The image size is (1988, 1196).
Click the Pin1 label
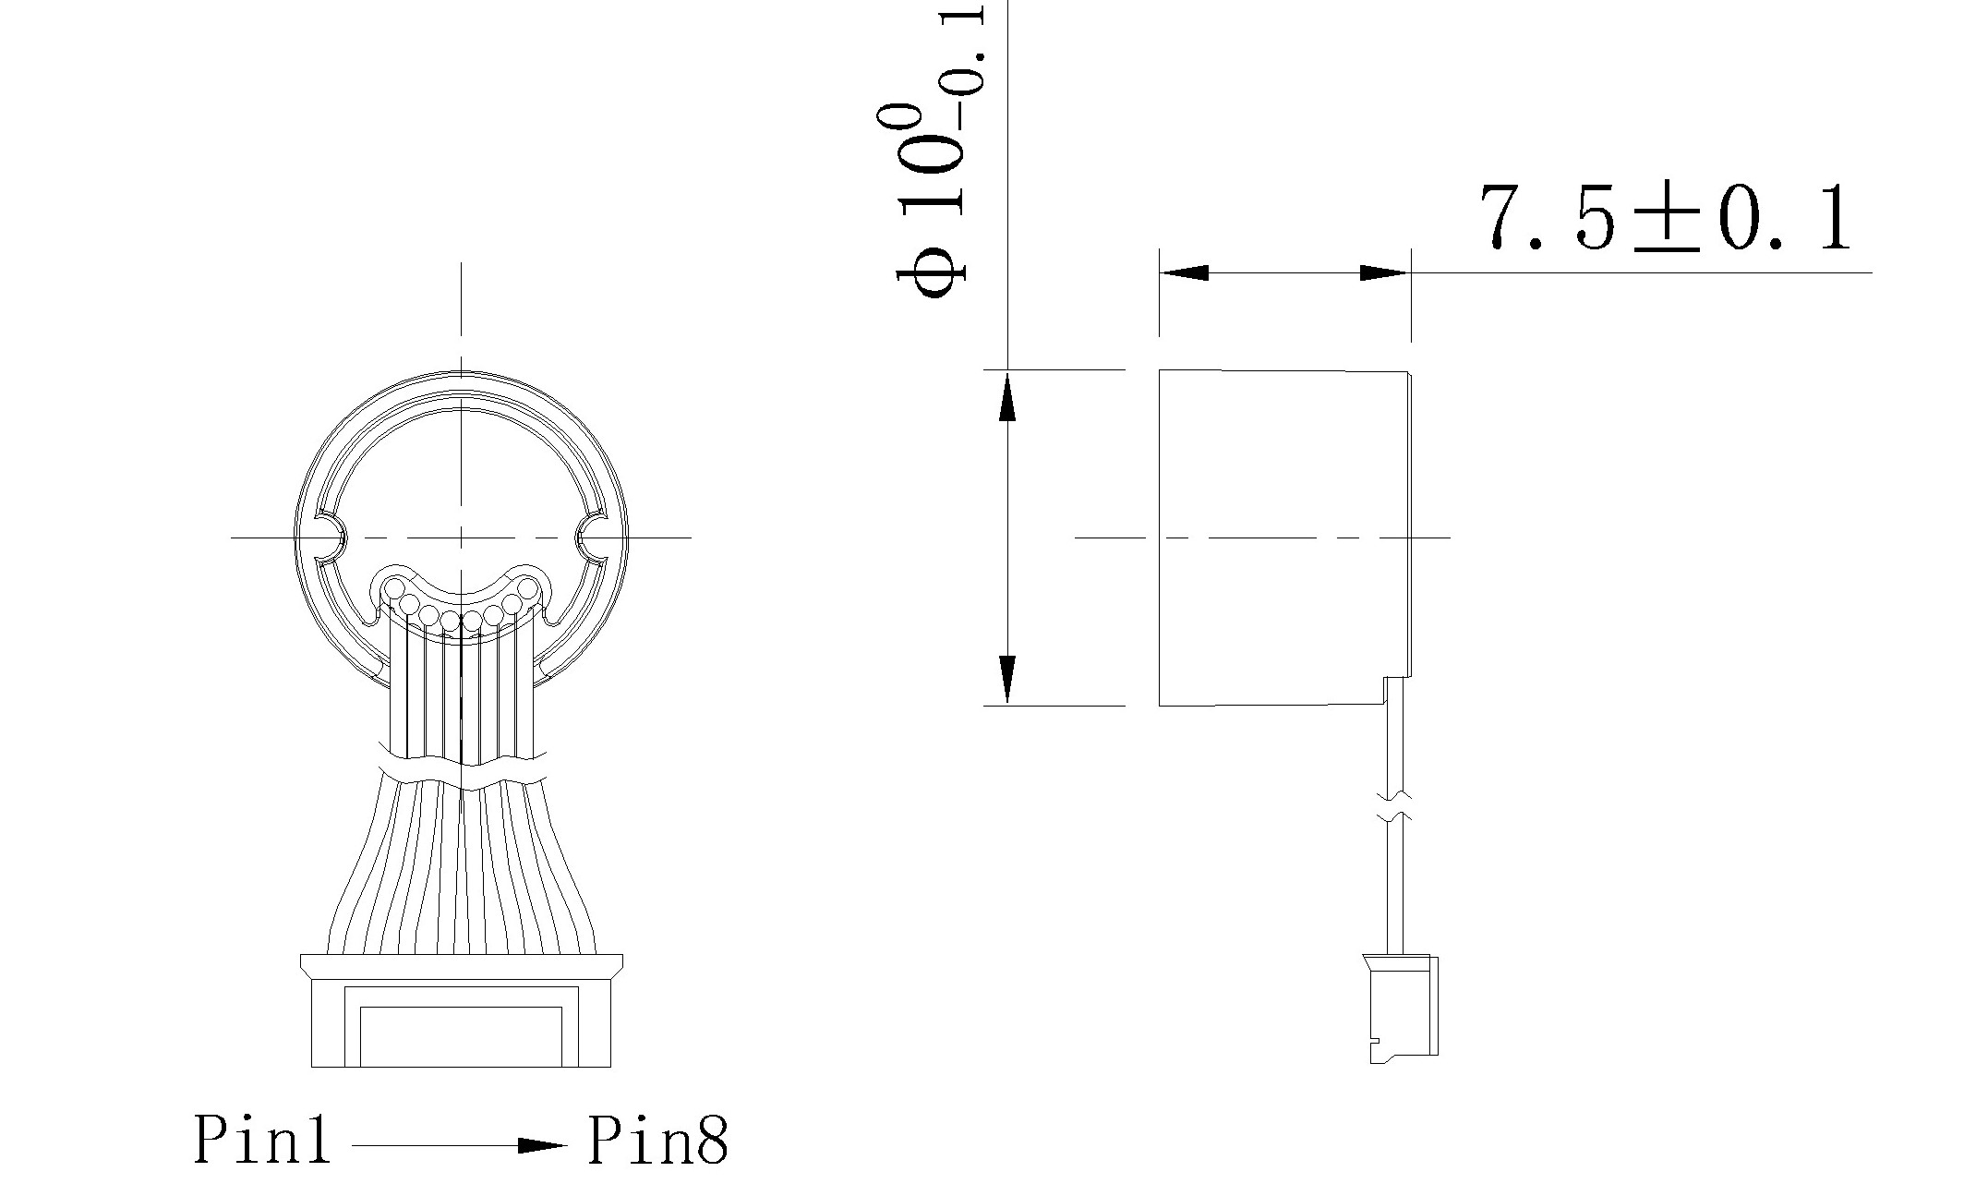[261, 1140]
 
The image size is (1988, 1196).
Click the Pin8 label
[657, 1140]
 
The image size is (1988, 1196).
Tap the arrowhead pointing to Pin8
[542, 1146]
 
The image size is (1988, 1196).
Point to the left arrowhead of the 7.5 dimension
[1184, 273]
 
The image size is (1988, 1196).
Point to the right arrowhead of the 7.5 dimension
[1385, 273]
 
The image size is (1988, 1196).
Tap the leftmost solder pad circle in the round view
[395, 587]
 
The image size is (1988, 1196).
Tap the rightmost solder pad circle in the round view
[528, 587]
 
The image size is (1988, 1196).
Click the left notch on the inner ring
[331, 538]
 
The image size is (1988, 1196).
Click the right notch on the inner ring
[591, 538]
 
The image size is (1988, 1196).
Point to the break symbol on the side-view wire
[1395, 806]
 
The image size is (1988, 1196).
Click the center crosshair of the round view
[461, 537]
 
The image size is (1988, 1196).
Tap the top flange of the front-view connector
[461, 966]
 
